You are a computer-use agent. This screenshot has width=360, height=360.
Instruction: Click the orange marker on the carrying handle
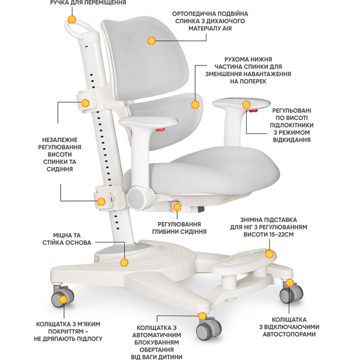[x=73, y=20]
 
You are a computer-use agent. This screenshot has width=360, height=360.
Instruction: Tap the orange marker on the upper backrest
[x=151, y=41]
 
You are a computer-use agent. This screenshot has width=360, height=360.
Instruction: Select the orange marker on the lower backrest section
[x=195, y=104]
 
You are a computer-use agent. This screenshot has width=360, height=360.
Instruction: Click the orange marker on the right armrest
[x=246, y=106]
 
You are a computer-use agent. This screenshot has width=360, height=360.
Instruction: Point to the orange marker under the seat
[x=177, y=206]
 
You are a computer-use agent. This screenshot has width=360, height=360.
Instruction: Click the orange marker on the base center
[x=125, y=262]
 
